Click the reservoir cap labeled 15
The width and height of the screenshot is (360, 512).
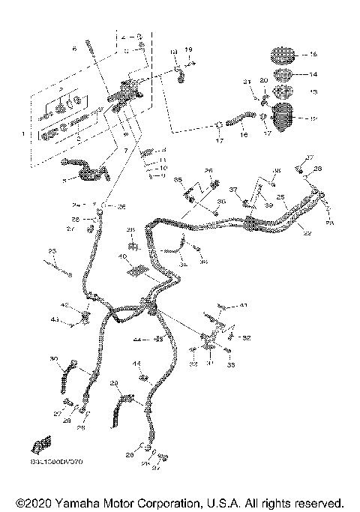coord(280,55)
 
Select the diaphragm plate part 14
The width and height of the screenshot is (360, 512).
coord(282,75)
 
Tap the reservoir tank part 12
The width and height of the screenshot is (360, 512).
coord(286,117)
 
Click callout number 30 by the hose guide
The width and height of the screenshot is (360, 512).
coord(53,361)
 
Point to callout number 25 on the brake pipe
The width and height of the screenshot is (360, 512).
coord(281,197)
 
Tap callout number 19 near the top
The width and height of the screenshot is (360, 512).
coord(188,49)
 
